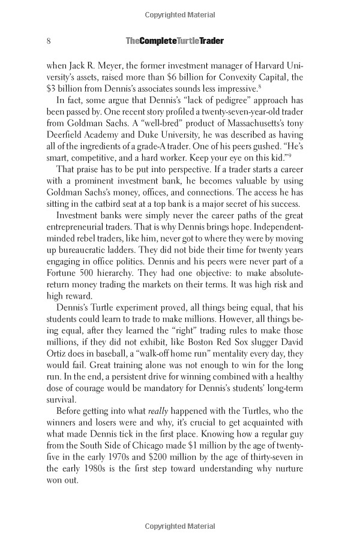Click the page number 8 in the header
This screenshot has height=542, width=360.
48,41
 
